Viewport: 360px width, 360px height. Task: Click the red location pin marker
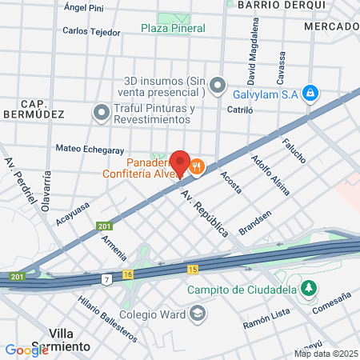click(180, 162)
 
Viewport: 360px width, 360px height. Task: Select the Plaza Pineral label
click(173, 28)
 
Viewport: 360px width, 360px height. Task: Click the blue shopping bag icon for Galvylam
click(311, 94)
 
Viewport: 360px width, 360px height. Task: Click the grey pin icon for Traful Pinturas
click(101, 113)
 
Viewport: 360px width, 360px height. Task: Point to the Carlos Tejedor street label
click(91, 33)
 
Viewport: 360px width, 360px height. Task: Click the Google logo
click(26, 350)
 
